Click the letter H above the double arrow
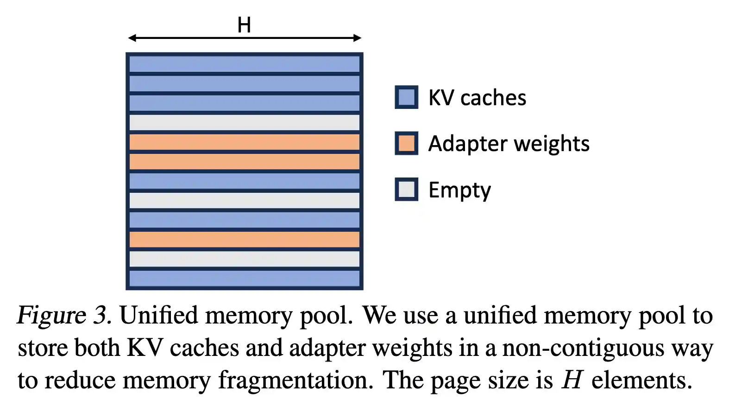pos(244,25)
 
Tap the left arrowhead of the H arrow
pos(132,38)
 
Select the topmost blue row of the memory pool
pos(244,63)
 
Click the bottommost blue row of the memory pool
pos(244,278)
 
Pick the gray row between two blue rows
pos(244,200)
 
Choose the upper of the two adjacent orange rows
pos(244,142)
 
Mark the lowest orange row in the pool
pos(244,239)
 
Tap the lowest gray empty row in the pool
pos(244,259)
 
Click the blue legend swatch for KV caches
pos(406,97)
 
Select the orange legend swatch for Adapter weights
pos(406,143)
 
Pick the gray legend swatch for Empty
pos(406,189)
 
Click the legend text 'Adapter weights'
pos(509,144)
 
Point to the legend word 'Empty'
pos(459,190)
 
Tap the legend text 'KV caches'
pos(477,98)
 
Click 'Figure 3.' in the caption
pos(64,315)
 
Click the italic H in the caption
pos(572,380)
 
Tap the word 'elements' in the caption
pos(641,380)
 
